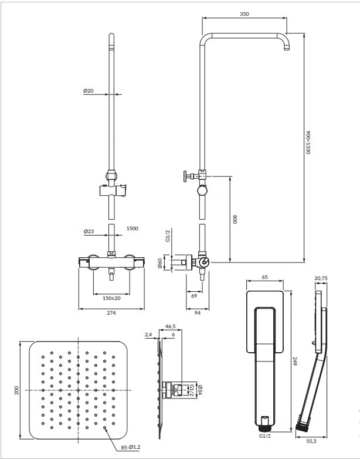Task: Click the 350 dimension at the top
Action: (244, 14)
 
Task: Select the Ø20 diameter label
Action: (88, 91)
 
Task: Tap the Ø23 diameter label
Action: (89, 231)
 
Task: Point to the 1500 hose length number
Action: (132, 228)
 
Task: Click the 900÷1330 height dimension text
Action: (308, 142)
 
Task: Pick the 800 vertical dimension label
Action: (235, 219)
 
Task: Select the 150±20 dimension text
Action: (111, 298)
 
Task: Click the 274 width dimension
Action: (111, 313)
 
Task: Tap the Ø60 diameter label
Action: (159, 263)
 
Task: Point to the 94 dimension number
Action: (198, 313)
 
